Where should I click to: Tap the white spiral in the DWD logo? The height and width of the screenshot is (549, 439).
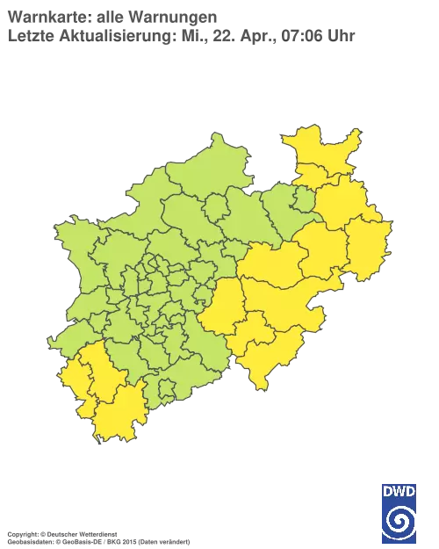point(399,518)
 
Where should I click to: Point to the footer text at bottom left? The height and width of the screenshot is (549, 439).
point(97,533)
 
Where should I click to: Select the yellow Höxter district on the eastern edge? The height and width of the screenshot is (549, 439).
point(367,246)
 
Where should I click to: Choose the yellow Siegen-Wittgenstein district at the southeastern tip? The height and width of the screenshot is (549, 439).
point(268,356)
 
